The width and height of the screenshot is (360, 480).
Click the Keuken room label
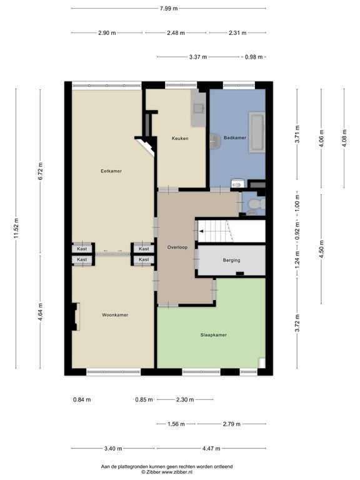180,138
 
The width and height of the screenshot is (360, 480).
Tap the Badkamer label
235,137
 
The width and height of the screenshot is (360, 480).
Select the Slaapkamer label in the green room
214,335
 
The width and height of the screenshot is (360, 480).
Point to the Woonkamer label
115,315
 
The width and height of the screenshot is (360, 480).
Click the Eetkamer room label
111,171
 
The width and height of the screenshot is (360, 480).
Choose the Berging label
232,261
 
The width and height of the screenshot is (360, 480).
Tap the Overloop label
177,247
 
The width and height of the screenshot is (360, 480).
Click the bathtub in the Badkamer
256,132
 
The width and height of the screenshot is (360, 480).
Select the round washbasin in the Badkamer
215,141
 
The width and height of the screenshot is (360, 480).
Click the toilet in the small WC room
256,204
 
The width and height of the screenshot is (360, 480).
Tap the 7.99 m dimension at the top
169,9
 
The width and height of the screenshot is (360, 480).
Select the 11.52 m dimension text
16,228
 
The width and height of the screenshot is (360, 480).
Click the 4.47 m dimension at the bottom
211,449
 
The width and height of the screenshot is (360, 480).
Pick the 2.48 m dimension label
176,32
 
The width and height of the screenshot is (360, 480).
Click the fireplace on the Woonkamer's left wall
75,316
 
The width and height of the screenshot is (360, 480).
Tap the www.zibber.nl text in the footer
176,472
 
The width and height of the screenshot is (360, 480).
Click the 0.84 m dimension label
82,400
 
